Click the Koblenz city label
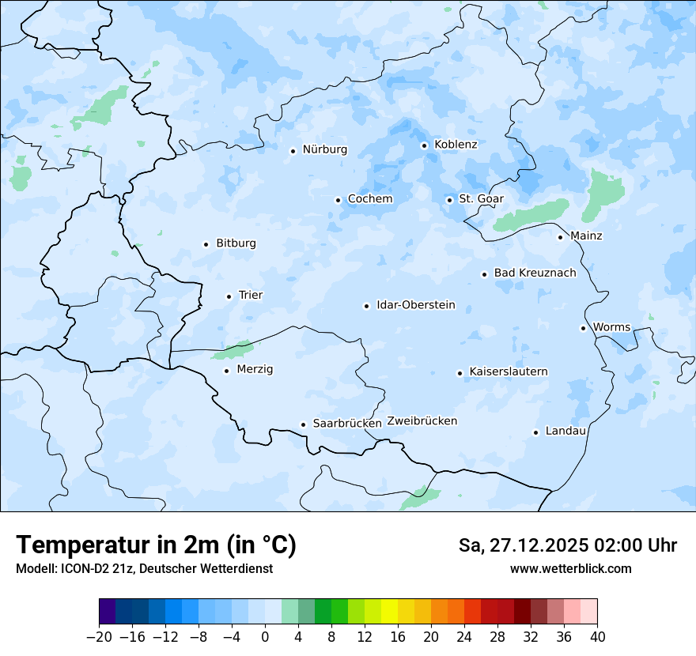tap(456, 145)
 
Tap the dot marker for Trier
tap(229, 296)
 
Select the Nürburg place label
tap(324, 149)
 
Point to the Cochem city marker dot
tap(338, 200)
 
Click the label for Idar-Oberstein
tap(416, 305)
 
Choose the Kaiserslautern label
tap(508, 371)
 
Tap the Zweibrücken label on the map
tap(422, 421)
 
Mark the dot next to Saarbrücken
tap(303, 424)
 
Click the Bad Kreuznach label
tap(535, 273)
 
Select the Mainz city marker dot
tap(560, 237)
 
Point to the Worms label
tap(611, 327)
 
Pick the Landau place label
tap(565, 432)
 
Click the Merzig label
tap(255, 370)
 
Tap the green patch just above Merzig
tap(234, 349)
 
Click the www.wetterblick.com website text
tap(570, 569)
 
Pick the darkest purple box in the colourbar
tap(108, 612)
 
